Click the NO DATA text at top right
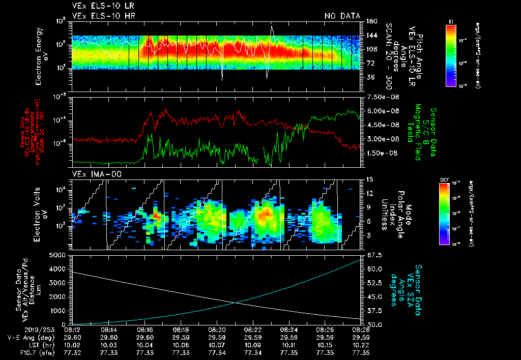pos(342,16)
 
